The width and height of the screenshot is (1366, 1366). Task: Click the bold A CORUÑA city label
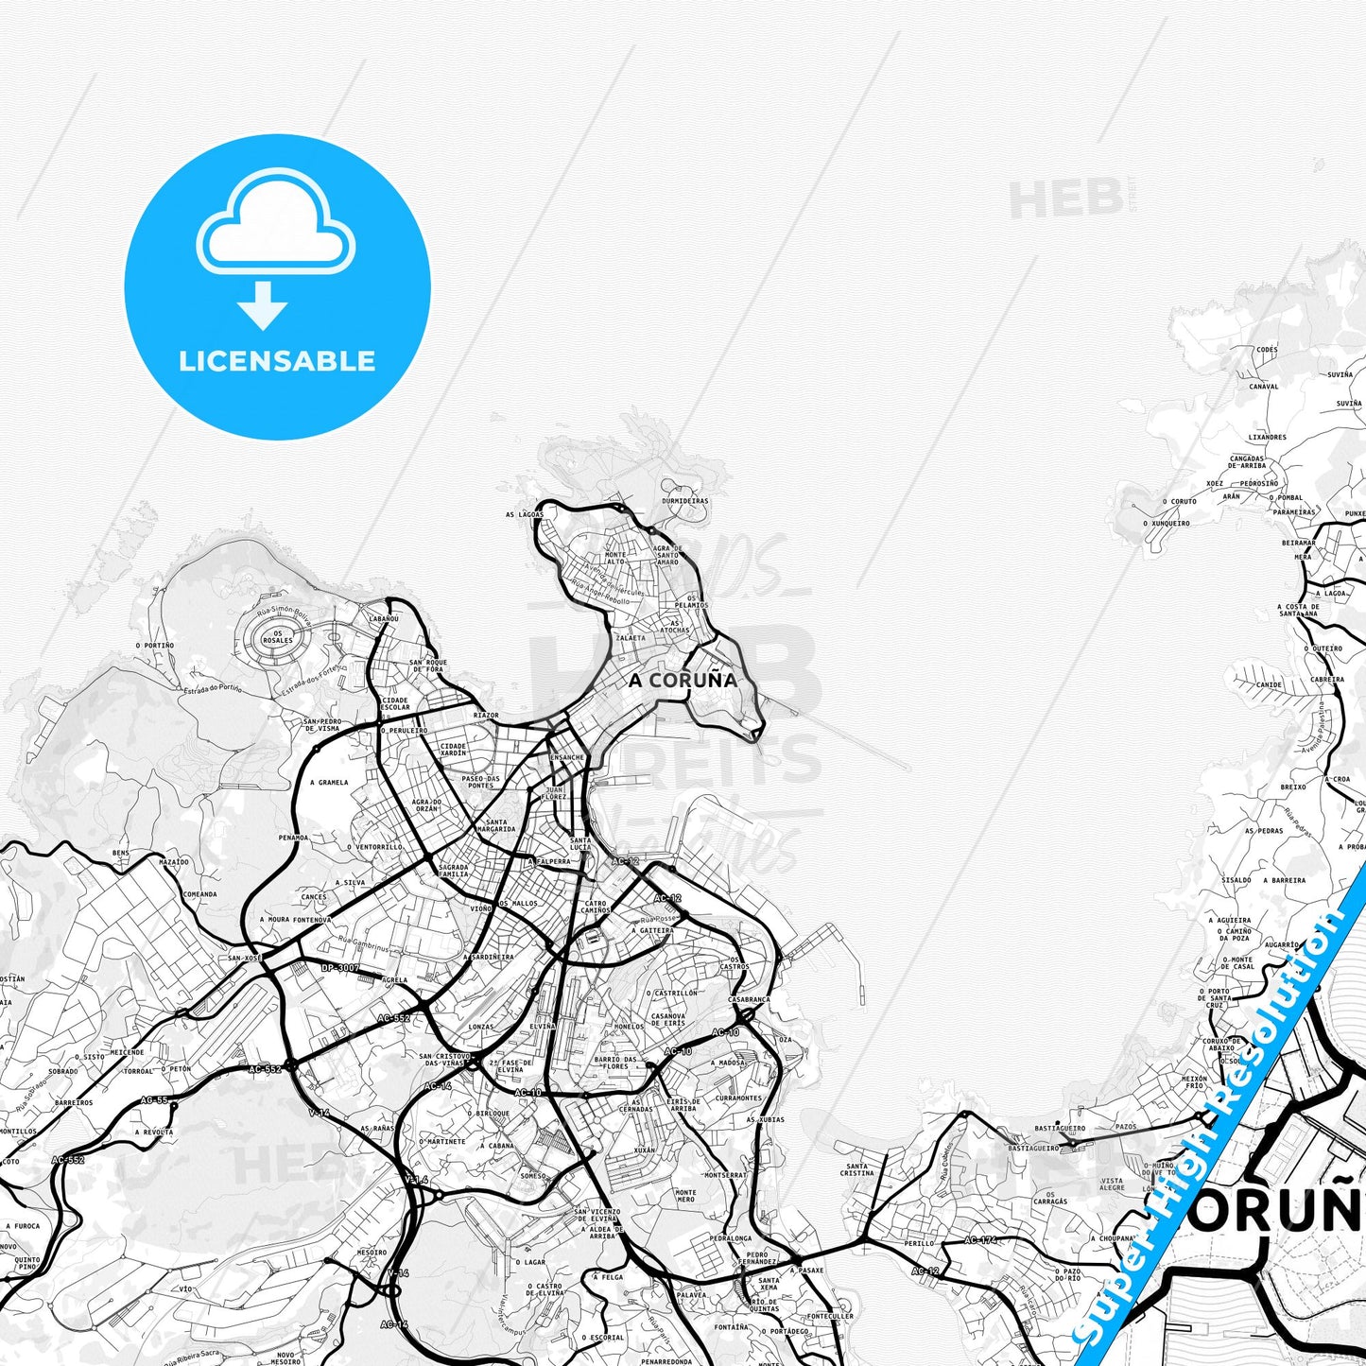click(x=683, y=680)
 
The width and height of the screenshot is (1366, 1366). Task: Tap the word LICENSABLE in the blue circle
click(x=277, y=361)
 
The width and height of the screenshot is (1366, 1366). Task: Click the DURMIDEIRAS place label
click(x=684, y=501)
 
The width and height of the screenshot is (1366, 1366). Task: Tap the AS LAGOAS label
click(x=525, y=514)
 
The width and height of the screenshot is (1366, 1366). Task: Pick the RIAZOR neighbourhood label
click(x=486, y=716)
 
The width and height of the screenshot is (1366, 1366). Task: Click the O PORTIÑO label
click(x=154, y=646)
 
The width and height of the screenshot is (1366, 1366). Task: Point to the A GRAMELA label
click(x=329, y=783)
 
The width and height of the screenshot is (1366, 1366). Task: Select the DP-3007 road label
click(x=340, y=968)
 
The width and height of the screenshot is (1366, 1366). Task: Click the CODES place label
click(x=1267, y=350)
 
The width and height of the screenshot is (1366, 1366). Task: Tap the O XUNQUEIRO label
click(x=1167, y=523)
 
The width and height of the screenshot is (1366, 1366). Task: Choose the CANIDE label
click(x=1269, y=684)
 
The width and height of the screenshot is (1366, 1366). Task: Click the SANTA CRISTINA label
click(x=856, y=1169)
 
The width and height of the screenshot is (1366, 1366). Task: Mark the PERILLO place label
click(x=919, y=1244)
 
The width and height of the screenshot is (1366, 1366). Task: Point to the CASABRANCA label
click(x=749, y=999)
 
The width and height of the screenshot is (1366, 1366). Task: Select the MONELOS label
click(x=629, y=1026)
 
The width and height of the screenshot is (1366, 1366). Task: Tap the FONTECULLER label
click(x=830, y=1316)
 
